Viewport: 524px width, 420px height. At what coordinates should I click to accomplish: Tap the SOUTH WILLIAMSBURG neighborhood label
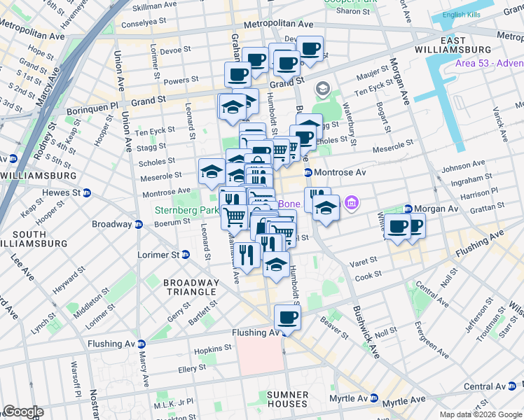pyautogui.click(x=34, y=239)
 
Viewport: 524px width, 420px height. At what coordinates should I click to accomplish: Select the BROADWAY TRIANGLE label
pyautogui.click(x=191, y=287)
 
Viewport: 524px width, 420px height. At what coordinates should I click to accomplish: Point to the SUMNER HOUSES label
pyautogui.click(x=287, y=399)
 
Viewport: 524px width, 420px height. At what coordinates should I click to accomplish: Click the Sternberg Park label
pyautogui.click(x=182, y=209)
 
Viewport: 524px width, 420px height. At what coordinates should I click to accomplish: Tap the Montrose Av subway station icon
pyautogui.click(x=308, y=172)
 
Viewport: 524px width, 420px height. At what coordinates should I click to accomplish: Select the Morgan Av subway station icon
pyautogui.click(x=408, y=209)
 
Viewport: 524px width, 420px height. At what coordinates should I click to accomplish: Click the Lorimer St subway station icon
pyautogui.click(x=185, y=254)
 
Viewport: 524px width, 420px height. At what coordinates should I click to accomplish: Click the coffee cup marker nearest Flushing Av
pyautogui.click(x=287, y=318)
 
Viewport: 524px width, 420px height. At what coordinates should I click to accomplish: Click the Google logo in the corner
pyautogui.click(x=22, y=412)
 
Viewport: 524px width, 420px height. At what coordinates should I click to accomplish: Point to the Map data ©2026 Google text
pyautogui.click(x=480, y=414)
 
